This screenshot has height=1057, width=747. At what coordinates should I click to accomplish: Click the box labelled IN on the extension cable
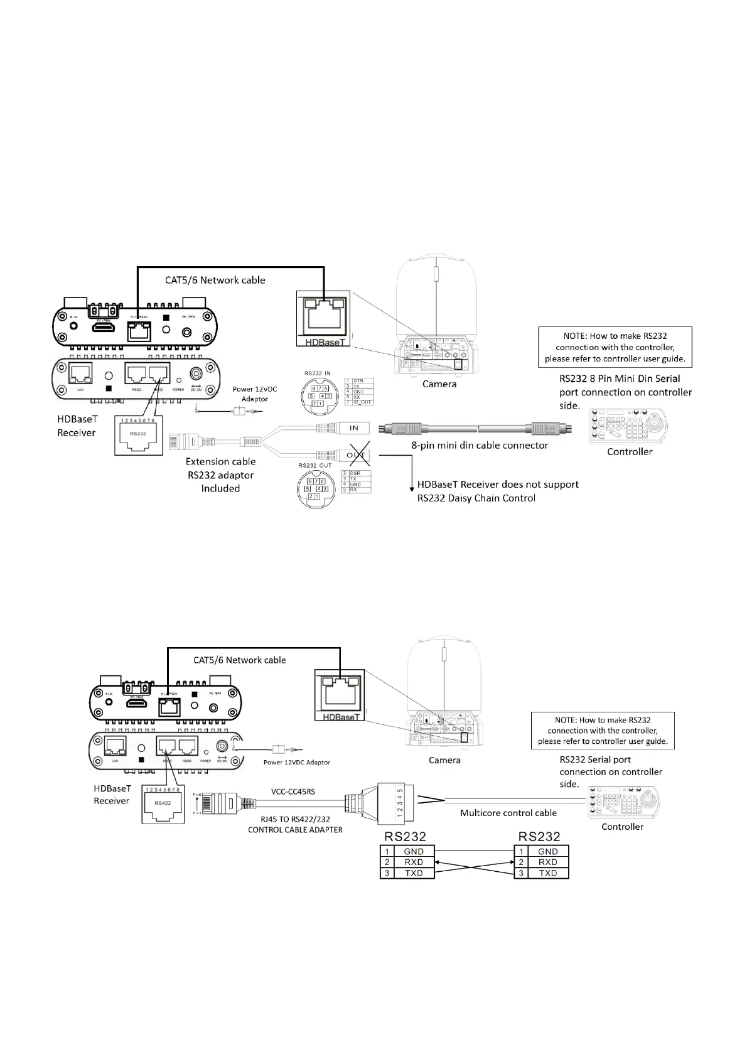click(354, 428)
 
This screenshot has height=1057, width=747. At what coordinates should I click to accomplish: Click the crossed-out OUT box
click(355, 456)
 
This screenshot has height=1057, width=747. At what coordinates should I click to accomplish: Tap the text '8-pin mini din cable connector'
click(480, 445)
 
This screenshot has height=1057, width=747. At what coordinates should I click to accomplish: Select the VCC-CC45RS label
click(293, 791)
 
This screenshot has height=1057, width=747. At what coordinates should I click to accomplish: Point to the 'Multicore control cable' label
click(508, 813)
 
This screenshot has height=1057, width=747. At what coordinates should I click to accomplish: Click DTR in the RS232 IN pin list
click(358, 381)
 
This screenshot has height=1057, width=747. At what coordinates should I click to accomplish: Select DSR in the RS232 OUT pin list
click(355, 473)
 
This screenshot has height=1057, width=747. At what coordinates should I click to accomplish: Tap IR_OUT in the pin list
click(362, 402)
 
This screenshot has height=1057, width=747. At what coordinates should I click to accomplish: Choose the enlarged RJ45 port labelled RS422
click(163, 805)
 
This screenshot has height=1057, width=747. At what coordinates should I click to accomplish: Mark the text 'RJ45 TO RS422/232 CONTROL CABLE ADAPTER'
click(295, 824)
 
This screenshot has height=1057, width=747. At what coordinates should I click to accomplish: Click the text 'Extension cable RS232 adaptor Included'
click(220, 475)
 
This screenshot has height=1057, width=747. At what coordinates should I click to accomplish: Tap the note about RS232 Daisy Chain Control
click(498, 491)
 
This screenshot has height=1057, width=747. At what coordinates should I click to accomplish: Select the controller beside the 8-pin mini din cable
click(629, 427)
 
